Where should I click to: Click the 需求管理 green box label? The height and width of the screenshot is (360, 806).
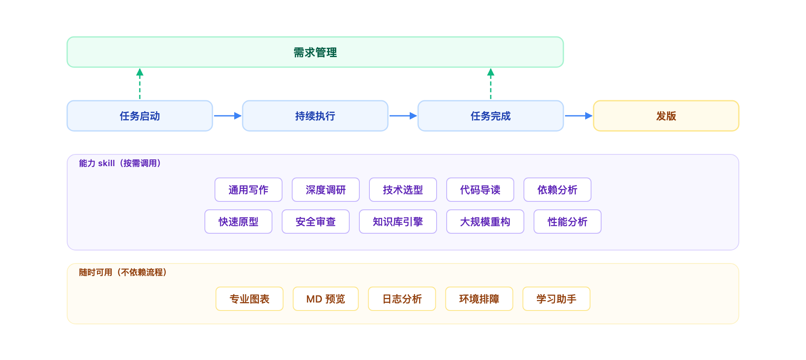click(315, 52)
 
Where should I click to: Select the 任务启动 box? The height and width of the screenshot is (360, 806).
click(140, 116)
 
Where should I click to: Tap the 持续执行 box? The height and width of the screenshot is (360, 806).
click(315, 116)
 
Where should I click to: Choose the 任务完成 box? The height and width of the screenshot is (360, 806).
click(490, 116)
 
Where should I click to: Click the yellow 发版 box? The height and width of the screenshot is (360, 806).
click(666, 116)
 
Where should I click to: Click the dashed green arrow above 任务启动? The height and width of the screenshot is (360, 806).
click(140, 84)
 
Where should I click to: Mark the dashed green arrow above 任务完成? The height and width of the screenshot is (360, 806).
click(490, 84)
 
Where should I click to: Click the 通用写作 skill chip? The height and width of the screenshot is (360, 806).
click(249, 190)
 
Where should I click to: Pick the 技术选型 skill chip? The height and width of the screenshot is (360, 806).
click(403, 190)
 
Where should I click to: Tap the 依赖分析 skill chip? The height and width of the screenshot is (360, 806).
click(557, 190)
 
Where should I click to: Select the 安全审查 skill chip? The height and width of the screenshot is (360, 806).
click(316, 222)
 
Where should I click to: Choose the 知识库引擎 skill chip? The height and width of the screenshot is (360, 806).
click(398, 222)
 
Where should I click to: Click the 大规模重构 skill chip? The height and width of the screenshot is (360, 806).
click(485, 222)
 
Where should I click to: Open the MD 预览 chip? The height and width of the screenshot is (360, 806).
click(326, 299)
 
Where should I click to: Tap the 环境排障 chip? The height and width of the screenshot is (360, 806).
click(479, 299)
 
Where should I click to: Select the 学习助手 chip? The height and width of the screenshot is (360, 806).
click(556, 299)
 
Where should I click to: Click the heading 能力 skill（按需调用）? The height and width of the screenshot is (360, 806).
click(120, 163)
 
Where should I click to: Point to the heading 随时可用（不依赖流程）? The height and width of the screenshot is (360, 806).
click(123, 272)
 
